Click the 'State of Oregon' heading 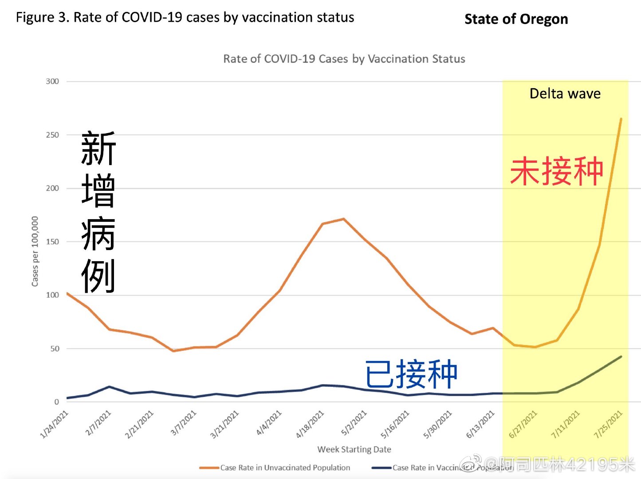click(x=516, y=19)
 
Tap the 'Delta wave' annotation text click(x=565, y=94)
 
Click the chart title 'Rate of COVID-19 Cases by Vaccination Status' click(x=344, y=59)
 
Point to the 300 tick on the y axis click(x=52, y=81)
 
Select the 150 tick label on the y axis click(x=52, y=242)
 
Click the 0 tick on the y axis click(x=56, y=402)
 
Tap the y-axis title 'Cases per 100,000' click(x=35, y=251)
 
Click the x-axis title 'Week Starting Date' click(x=354, y=449)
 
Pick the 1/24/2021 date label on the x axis click(x=54, y=424)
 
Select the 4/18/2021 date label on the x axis click(x=310, y=424)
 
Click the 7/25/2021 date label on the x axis click(x=608, y=424)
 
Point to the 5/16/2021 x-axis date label click(x=395, y=424)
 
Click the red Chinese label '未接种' click(x=556, y=171)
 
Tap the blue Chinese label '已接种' click(x=411, y=374)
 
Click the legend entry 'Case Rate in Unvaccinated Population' click(x=285, y=467)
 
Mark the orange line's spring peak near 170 click(x=343, y=219)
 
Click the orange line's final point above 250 click(x=621, y=119)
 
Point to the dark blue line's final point click(x=621, y=357)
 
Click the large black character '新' click(x=98, y=149)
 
